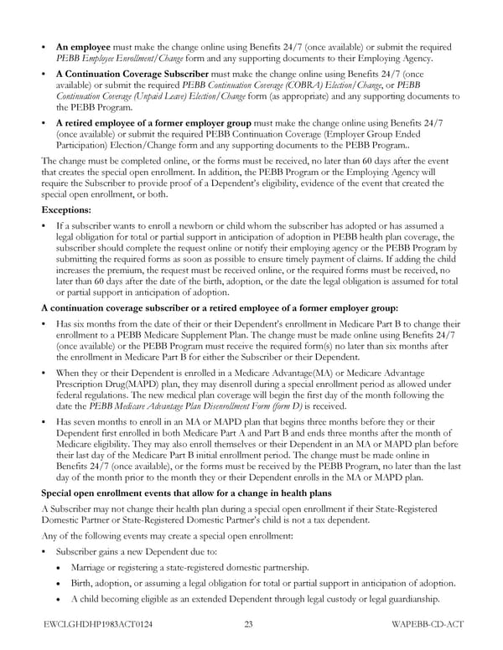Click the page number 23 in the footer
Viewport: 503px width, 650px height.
(249, 624)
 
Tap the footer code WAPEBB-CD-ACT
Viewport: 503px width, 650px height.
(427, 624)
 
